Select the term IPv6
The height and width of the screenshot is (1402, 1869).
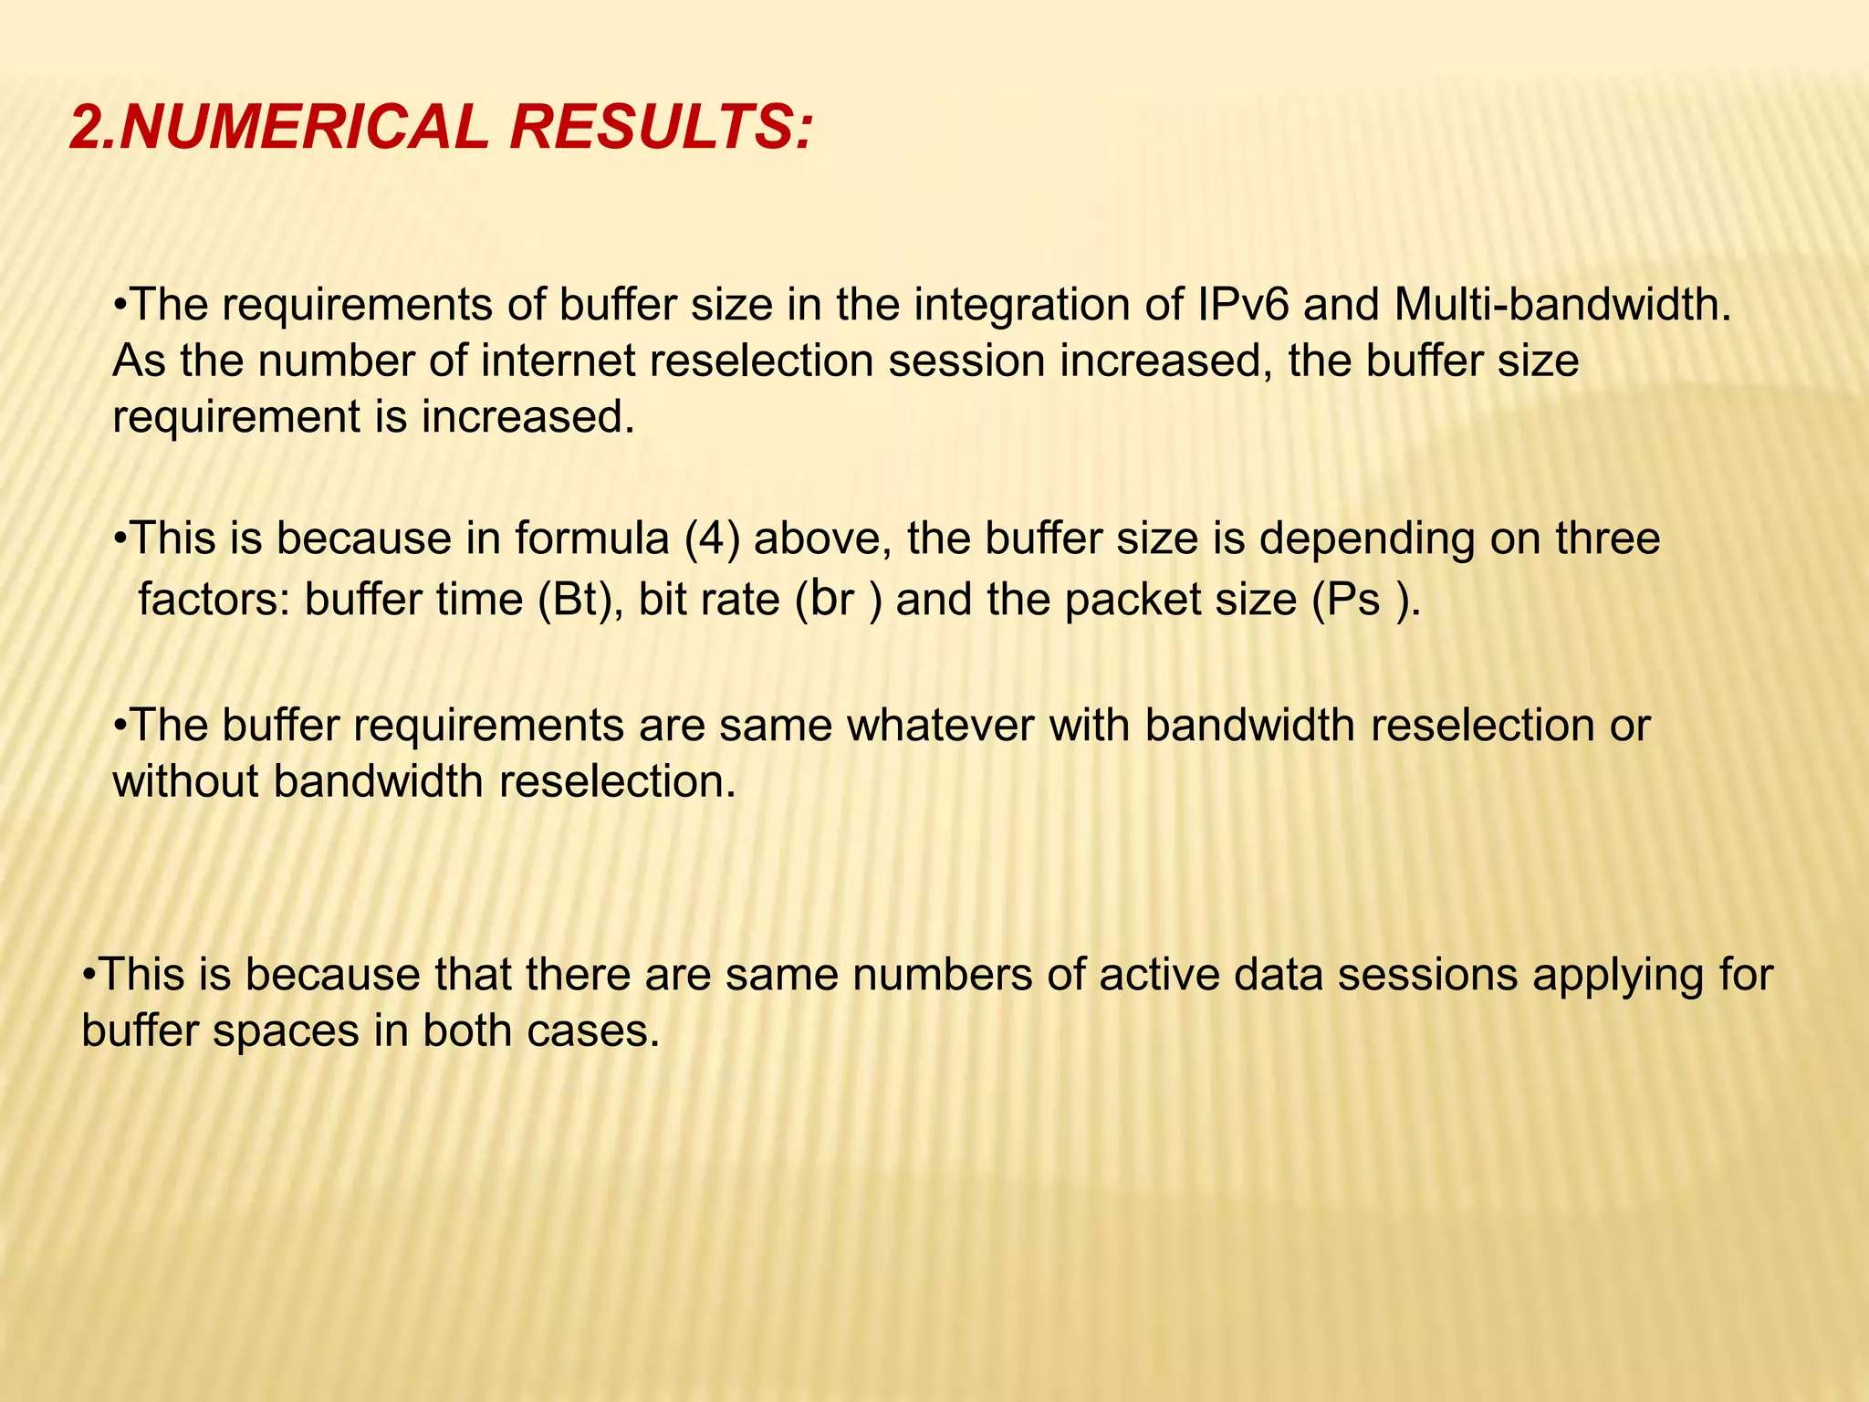click(x=1242, y=305)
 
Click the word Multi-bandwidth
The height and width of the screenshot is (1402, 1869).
click(x=1562, y=305)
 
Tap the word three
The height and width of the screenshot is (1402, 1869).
click(x=1608, y=539)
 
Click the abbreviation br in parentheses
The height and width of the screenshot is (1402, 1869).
click(x=832, y=601)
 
